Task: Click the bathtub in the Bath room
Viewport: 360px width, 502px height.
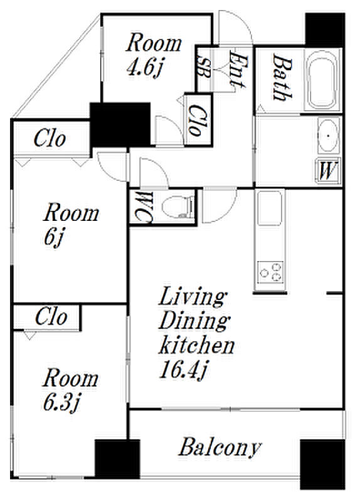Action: coord(322,80)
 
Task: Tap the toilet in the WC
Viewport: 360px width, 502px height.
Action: coord(178,207)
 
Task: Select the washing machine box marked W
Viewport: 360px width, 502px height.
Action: coord(328,171)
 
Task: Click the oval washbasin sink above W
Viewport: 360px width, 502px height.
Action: coord(328,136)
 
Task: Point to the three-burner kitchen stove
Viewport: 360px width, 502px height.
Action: coord(270,272)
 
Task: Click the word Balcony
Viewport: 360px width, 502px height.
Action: coord(220,447)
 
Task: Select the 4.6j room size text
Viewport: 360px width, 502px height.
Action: coord(145,68)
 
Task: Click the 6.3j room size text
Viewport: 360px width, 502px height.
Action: coord(61,402)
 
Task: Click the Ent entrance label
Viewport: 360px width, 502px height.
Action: coord(238,70)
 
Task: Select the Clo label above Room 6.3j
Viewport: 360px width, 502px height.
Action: coord(51,317)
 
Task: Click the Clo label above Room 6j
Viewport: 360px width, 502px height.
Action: coord(50,139)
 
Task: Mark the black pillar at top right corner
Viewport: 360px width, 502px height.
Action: coord(325,30)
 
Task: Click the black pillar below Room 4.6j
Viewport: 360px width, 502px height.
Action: coord(120,124)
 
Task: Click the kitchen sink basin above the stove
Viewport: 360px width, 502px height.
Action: coord(270,208)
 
